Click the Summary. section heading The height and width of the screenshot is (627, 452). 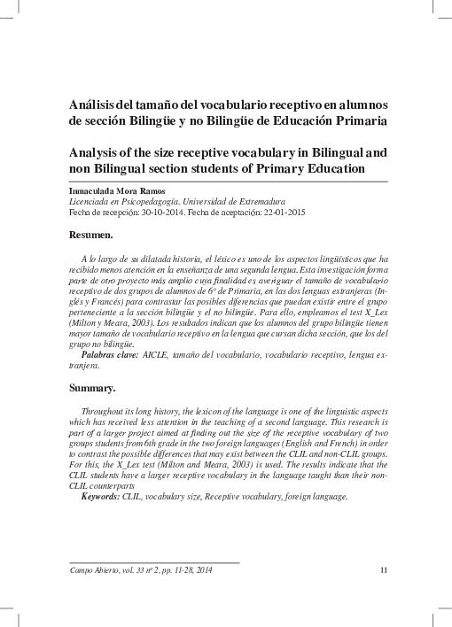(93, 389)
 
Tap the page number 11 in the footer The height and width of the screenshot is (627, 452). (383, 569)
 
